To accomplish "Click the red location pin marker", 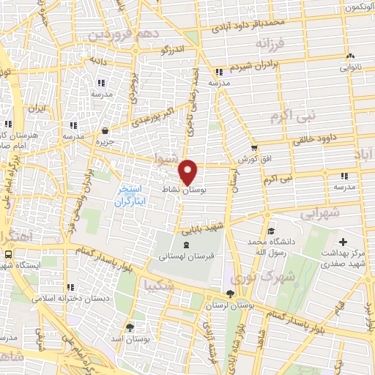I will point(189,171).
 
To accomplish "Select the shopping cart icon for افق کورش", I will point(254,147).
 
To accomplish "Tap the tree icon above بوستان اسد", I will point(130,327).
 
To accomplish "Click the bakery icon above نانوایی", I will point(349,56).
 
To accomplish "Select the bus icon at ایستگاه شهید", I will point(8,253).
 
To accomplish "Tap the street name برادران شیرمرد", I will point(258,67).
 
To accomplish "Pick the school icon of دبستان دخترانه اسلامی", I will point(70,288).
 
